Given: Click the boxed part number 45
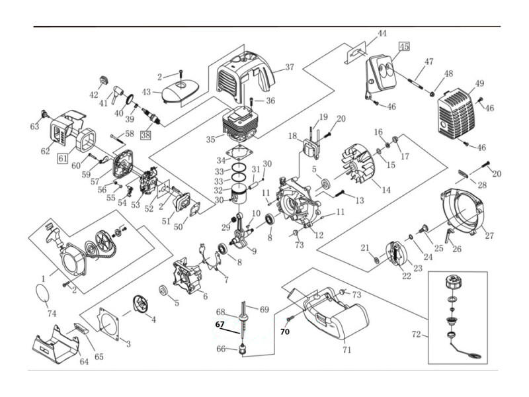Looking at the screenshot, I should pyautogui.click(x=404, y=46).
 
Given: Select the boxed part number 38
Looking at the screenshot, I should pyautogui.click(x=145, y=135).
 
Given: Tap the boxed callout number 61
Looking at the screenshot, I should pyautogui.click(x=63, y=158).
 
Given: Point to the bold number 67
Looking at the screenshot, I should pyautogui.click(x=220, y=324).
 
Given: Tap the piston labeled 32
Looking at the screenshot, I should pyautogui.click(x=247, y=191).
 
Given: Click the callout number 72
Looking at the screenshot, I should pyautogui.click(x=416, y=335).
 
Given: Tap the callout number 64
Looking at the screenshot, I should pyautogui.click(x=84, y=361).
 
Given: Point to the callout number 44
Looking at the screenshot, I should pyautogui.click(x=382, y=34).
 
